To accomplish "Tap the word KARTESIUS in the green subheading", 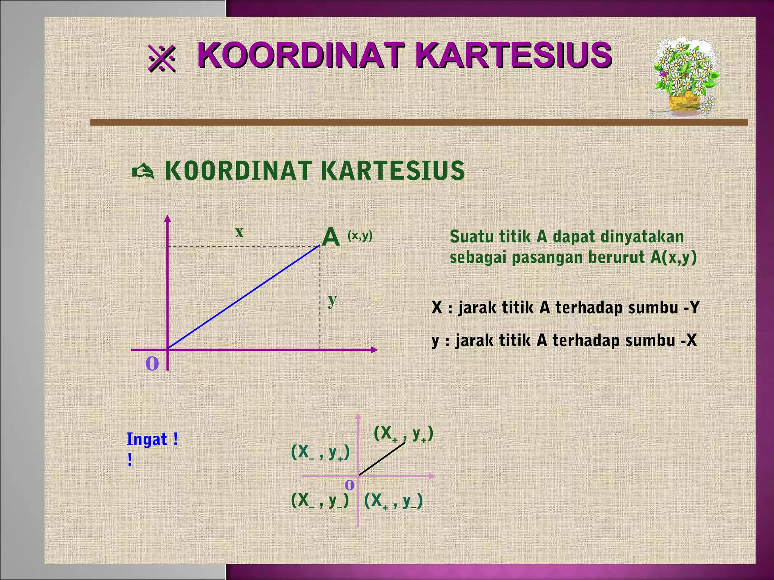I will pos(393,171).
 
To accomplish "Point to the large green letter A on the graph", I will pos(331,238).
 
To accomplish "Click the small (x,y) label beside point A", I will pos(360,236).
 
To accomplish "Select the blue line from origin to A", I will pos(244,297).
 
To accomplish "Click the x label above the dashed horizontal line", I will pos(239,232).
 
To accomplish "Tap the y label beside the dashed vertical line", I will pos(332,300).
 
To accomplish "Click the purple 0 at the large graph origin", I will pos(152,364).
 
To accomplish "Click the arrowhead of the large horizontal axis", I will pos(374,350).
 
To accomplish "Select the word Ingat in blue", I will pos(147,440).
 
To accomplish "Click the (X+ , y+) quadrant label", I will pos(403,434).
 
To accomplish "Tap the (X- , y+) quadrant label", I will pos(320,452).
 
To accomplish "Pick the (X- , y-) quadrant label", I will pos(320,501).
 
